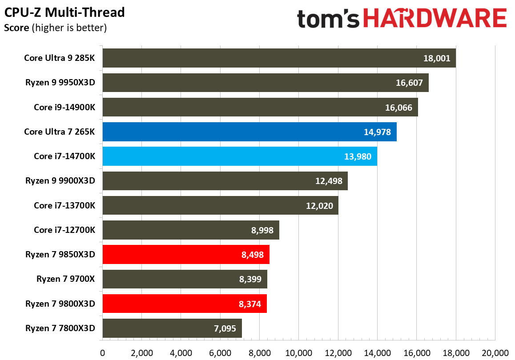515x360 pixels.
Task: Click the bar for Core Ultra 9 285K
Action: [279, 58]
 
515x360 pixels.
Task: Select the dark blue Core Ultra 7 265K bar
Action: [249, 132]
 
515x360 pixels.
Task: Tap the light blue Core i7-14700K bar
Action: [240, 156]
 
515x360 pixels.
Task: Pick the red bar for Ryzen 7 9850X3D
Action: [186, 255]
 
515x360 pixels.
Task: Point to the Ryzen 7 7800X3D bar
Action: [172, 328]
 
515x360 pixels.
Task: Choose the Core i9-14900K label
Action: [68, 107]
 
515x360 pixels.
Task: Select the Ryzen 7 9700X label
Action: [69, 279]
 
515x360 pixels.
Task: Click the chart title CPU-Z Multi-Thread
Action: [64, 12]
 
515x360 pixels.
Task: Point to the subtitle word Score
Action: [16, 28]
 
